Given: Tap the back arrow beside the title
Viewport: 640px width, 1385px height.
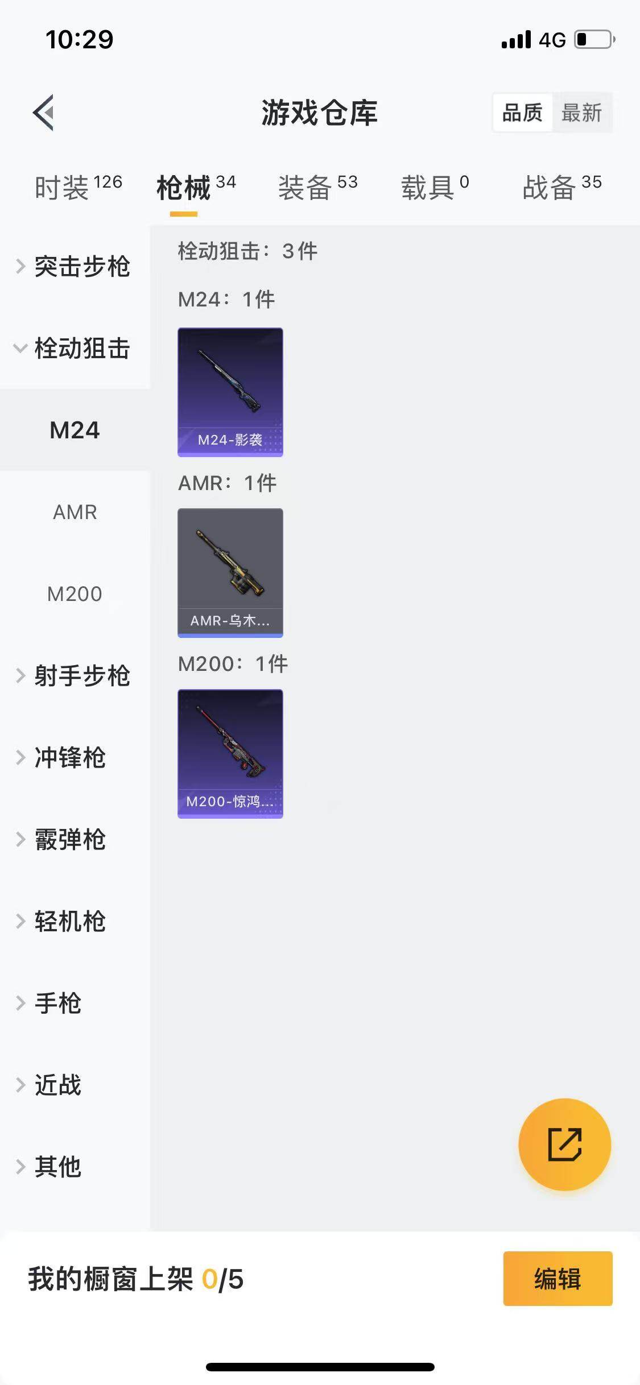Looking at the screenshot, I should (44, 113).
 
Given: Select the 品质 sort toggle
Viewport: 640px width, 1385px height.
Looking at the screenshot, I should (522, 113).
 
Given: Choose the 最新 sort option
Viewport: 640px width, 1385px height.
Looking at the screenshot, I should (581, 113).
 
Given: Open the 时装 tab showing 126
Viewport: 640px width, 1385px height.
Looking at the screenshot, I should (78, 187).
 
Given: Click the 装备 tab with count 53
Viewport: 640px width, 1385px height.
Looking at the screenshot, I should (317, 187).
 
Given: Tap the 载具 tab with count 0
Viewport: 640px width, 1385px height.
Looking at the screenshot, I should (435, 187).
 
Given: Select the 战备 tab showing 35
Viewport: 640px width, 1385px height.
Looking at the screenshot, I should (561, 187).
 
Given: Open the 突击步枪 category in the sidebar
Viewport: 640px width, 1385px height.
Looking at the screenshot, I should (81, 266).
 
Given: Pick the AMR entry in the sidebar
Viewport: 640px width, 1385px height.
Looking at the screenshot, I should (75, 512).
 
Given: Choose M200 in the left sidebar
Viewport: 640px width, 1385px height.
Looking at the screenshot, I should (75, 594).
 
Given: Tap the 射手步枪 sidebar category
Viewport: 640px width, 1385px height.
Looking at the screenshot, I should (81, 675).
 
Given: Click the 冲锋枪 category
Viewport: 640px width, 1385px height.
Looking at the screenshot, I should (69, 757).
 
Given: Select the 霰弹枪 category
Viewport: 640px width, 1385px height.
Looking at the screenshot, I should (69, 839).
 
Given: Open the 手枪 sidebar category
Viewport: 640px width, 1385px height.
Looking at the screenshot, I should (57, 1003).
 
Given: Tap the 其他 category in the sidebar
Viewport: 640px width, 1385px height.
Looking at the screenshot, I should (57, 1167).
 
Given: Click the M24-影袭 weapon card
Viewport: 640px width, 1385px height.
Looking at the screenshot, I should (230, 392).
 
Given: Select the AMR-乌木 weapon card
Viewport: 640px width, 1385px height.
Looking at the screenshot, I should (230, 573).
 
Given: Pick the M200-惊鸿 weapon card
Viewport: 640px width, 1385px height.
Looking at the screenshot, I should (230, 753).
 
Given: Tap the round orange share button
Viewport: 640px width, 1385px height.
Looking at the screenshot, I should (564, 1144).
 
